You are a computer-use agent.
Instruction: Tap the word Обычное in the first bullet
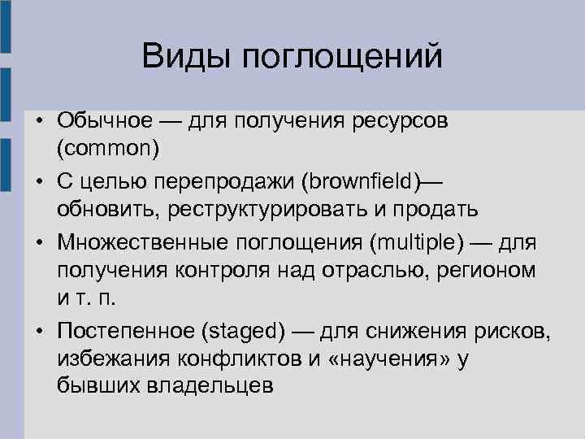tap(104, 120)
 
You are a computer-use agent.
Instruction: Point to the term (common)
tap(108, 150)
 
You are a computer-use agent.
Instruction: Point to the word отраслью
tap(383, 269)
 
